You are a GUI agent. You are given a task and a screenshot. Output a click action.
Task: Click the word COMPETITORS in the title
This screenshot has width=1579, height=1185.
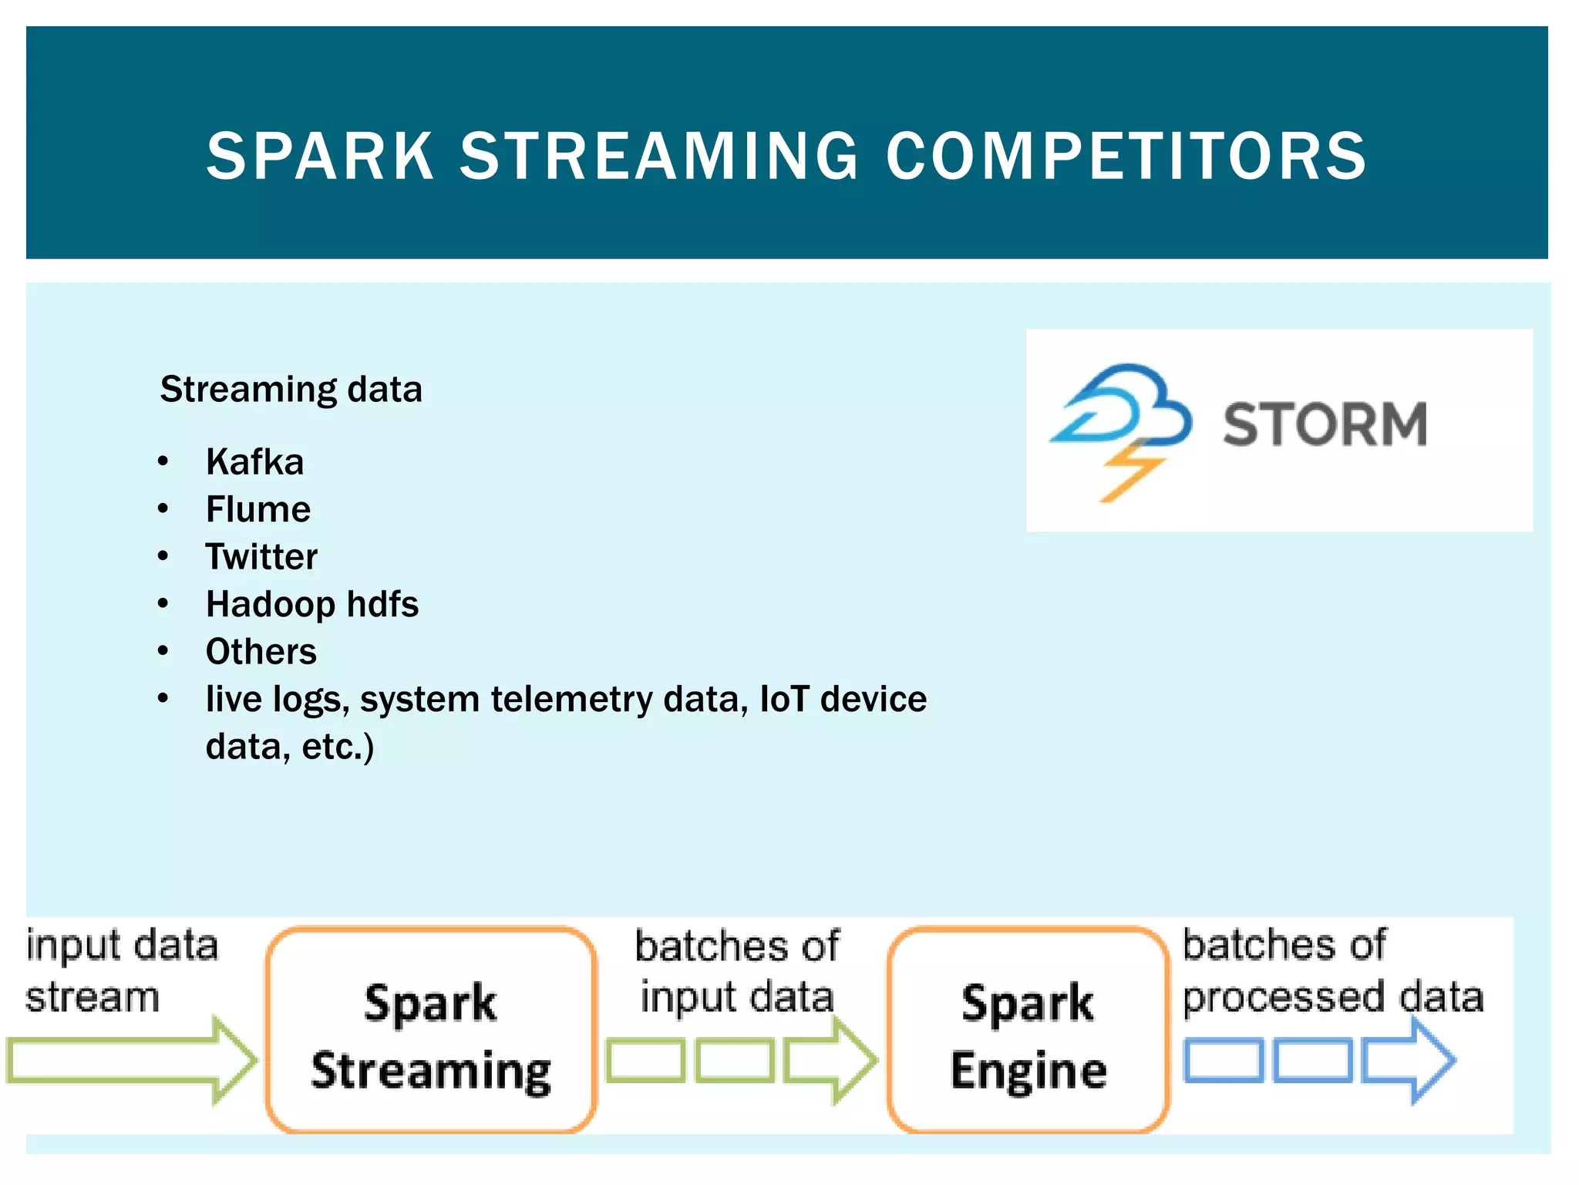click(1126, 157)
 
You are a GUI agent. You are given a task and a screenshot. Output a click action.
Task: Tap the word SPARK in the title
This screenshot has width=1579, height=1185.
click(320, 157)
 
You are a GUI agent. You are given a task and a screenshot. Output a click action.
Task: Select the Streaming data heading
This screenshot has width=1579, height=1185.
click(291, 390)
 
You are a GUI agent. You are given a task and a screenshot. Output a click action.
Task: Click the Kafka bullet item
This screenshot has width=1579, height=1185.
click(254, 462)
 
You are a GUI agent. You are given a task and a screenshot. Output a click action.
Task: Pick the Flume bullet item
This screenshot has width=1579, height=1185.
click(258, 510)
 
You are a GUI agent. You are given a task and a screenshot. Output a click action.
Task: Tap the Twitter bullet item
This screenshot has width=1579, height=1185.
click(261, 557)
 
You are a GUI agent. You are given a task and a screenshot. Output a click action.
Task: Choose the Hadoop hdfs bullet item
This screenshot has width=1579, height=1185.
click(311, 604)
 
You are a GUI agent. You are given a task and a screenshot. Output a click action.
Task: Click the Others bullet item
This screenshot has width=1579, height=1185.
click(261, 652)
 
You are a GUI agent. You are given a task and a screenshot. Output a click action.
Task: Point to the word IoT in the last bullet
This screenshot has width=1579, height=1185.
click(784, 700)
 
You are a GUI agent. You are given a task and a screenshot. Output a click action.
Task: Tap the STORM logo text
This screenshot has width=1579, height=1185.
click(1324, 425)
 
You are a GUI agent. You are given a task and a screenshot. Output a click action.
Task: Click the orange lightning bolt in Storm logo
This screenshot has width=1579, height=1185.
click(1130, 472)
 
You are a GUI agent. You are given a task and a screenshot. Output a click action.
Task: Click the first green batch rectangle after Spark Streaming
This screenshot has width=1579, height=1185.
click(645, 1060)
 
